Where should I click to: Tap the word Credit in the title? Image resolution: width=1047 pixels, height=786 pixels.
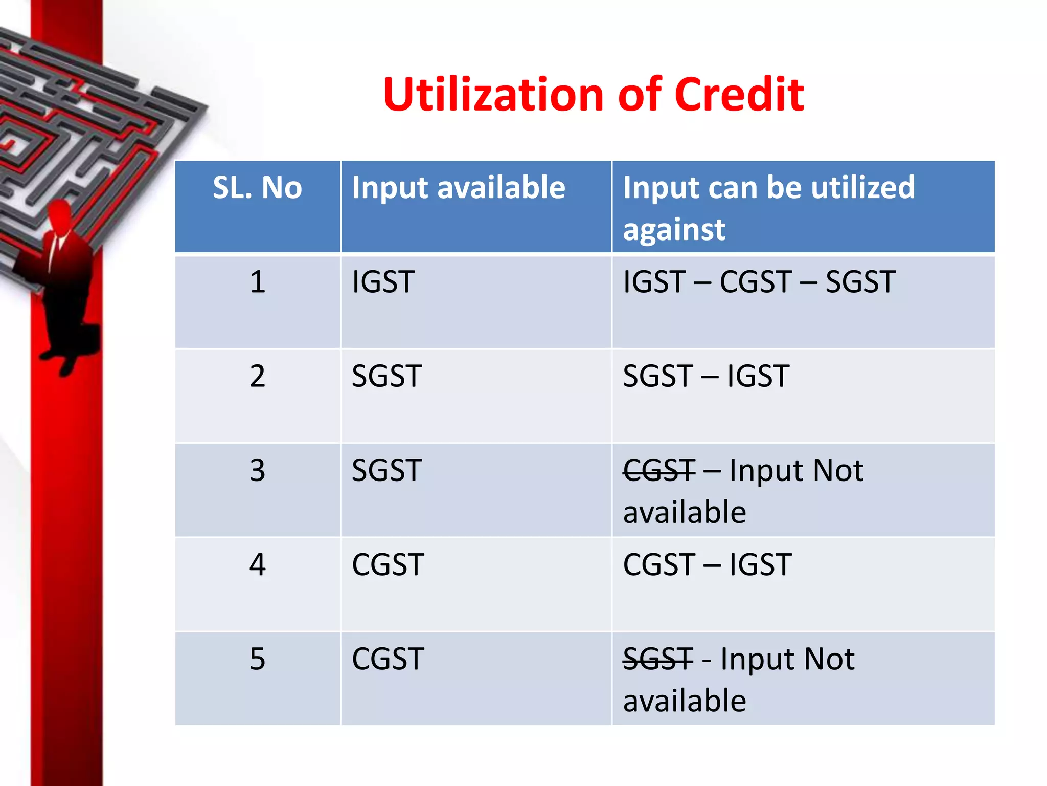coord(739,95)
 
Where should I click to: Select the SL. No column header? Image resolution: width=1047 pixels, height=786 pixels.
coord(257,188)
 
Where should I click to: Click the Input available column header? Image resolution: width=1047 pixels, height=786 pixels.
coord(458,188)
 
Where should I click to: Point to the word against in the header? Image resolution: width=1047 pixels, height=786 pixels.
coord(673,229)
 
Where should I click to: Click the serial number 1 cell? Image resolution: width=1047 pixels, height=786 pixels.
coord(257,282)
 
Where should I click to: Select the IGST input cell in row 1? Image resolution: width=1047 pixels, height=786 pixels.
coord(383,282)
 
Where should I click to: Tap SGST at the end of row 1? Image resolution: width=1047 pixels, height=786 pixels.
coord(860,282)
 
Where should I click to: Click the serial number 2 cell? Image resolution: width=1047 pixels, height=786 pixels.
coord(257,377)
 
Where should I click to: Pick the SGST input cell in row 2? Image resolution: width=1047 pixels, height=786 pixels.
coord(386,377)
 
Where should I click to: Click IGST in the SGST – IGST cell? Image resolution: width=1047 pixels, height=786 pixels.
coord(758,377)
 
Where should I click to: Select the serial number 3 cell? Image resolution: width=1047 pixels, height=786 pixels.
coord(257,471)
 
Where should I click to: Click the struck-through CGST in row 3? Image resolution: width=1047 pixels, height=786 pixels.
coord(659,471)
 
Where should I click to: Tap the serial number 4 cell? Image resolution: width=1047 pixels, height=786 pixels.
coord(257,565)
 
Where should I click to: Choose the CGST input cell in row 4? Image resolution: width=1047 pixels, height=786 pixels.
coord(388,565)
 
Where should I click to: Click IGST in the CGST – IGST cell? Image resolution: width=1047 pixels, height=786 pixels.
coord(760,565)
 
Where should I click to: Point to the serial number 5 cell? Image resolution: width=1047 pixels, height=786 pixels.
coord(257,659)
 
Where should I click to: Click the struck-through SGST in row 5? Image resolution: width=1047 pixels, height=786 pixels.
coord(658,659)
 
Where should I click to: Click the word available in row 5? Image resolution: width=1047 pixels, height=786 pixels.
coord(684,701)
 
